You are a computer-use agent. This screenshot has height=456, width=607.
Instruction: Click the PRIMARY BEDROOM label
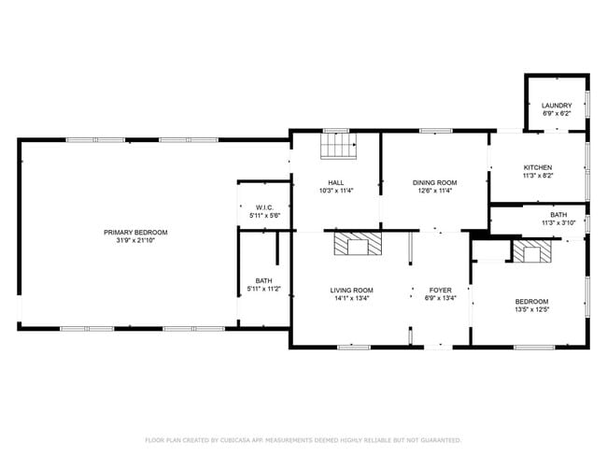coord(135,232)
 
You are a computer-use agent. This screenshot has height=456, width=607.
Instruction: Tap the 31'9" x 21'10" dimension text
coord(135,241)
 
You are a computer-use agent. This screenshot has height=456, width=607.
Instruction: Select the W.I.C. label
coord(264,207)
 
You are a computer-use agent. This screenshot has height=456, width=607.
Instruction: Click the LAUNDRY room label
coord(557,105)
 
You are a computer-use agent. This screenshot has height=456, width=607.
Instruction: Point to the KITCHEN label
coord(537,167)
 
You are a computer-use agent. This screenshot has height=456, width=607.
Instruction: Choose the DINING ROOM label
coord(435,182)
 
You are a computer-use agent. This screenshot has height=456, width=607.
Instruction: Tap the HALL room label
coord(335,182)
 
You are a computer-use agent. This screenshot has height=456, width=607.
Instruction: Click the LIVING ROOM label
coord(351,290)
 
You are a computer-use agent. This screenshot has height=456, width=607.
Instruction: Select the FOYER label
coord(440,290)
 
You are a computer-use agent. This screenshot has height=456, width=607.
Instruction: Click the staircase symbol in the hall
coord(339,147)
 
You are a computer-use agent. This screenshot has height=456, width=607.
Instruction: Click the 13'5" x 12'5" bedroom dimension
coord(531,309)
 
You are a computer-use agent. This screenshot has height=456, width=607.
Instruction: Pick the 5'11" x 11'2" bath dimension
coord(264,290)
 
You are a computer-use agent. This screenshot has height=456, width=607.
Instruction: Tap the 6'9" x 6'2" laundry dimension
coord(557,113)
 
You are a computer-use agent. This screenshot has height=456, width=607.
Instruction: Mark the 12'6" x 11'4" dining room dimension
coord(435,191)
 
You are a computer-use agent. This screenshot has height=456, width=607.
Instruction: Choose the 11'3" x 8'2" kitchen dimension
coord(537,176)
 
